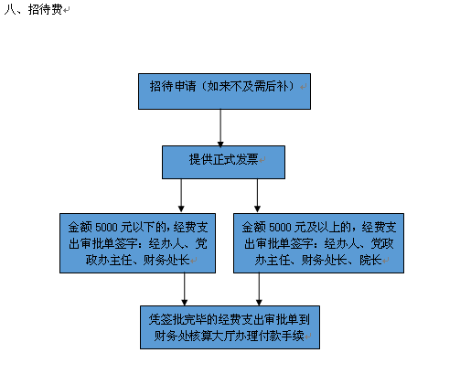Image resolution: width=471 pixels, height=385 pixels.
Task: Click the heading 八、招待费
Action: click(x=33, y=9)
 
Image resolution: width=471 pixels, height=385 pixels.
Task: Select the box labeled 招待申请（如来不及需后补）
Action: click(x=224, y=91)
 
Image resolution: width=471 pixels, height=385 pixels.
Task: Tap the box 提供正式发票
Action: click(x=223, y=162)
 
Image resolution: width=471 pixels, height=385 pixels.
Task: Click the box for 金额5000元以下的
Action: click(x=137, y=243)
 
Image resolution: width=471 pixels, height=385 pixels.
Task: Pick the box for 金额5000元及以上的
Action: click(x=318, y=243)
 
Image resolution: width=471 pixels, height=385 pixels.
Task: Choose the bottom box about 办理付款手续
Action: click(x=230, y=327)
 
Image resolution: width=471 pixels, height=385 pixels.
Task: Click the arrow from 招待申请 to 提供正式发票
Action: click(x=220, y=128)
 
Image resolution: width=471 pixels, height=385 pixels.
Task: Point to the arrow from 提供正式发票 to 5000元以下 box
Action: click(x=181, y=196)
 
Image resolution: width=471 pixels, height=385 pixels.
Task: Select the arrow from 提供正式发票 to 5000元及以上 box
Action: click(x=257, y=196)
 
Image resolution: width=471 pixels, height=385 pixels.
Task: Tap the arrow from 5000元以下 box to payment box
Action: click(x=185, y=289)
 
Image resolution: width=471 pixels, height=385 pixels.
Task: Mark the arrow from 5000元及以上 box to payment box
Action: click(x=259, y=289)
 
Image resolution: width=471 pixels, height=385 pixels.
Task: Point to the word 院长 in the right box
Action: click(x=370, y=260)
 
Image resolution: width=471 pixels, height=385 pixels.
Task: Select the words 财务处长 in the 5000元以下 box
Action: click(x=166, y=260)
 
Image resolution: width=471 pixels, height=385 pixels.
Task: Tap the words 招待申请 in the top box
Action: click(x=173, y=86)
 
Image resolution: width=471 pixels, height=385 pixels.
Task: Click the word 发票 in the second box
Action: click(x=247, y=159)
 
